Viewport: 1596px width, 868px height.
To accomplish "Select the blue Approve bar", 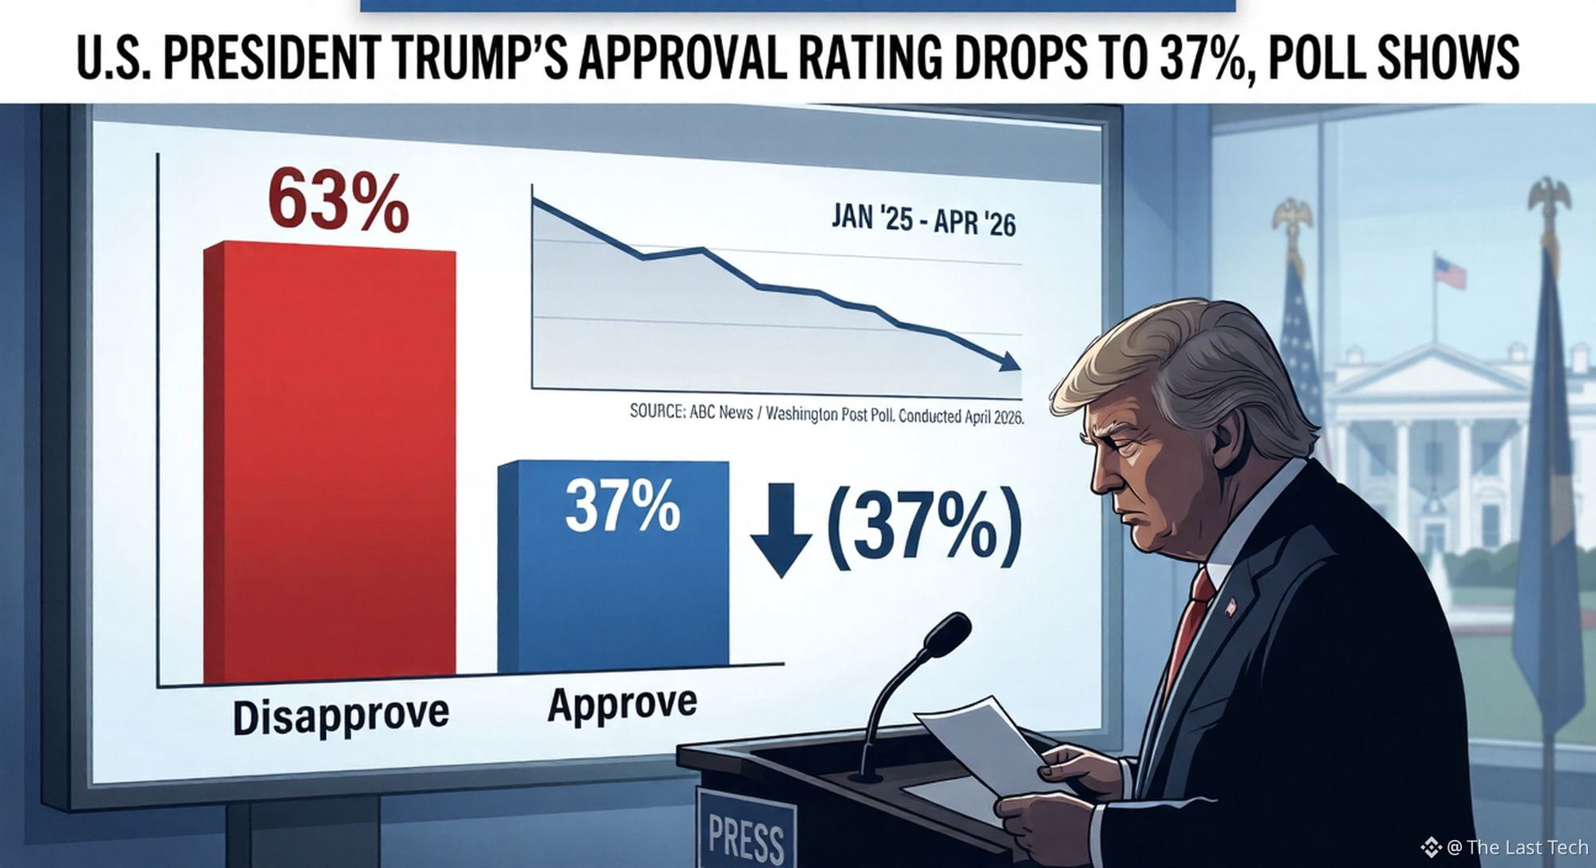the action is [613, 566].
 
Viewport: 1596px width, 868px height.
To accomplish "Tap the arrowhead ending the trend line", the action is [1009, 362].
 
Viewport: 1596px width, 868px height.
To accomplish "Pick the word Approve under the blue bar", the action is [622, 704].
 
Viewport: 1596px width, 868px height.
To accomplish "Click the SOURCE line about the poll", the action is [827, 414].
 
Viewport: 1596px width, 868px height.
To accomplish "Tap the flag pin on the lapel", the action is [1230, 608].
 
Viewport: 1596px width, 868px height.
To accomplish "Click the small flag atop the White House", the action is [1450, 272].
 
